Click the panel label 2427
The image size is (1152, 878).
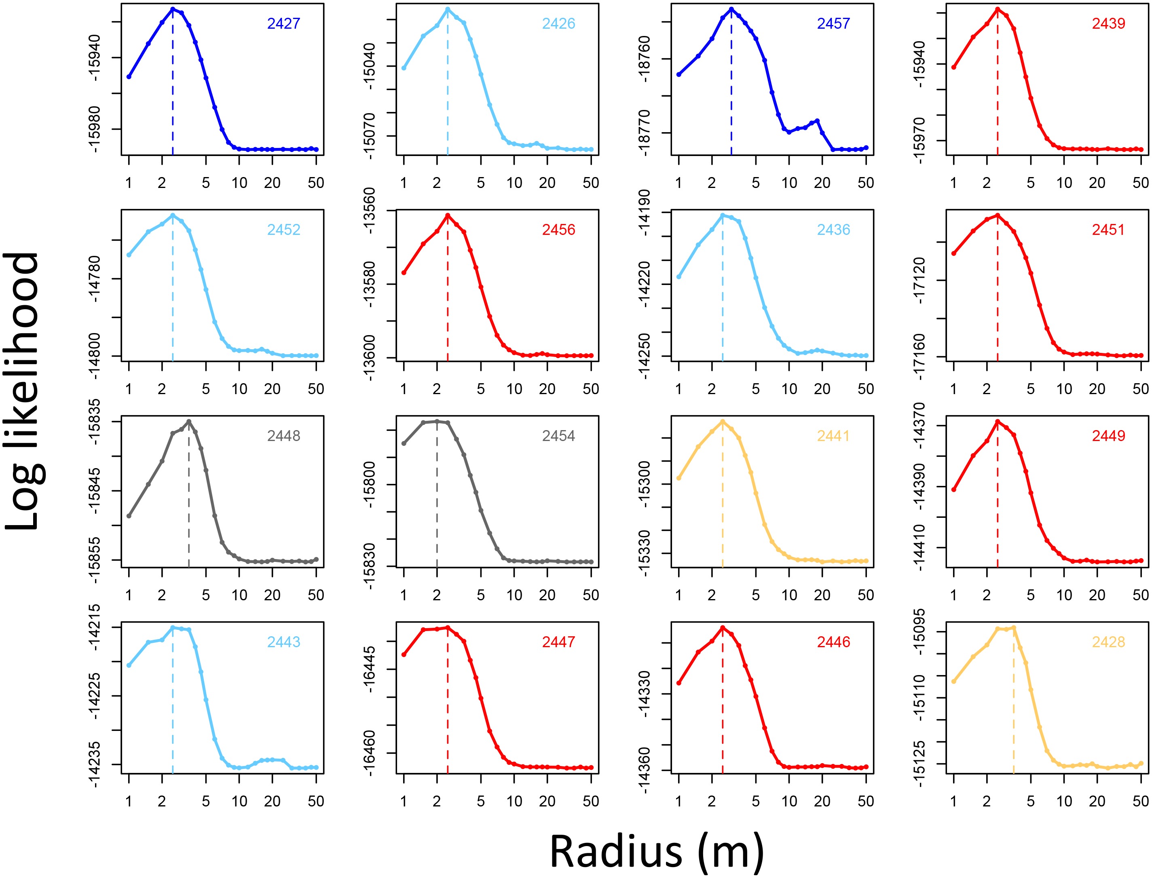click(x=283, y=23)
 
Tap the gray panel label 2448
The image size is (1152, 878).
click(x=283, y=436)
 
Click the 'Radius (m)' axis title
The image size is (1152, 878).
click(x=657, y=851)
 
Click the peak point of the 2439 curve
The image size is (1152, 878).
click(x=997, y=9)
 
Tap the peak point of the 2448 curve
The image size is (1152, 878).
click(x=189, y=421)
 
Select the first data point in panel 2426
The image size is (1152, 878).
click(x=404, y=68)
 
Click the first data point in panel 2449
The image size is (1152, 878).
click(x=953, y=490)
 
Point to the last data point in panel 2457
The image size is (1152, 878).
click(x=866, y=148)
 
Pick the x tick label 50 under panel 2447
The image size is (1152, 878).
click(x=591, y=801)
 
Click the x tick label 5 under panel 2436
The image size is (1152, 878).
click(x=755, y=389)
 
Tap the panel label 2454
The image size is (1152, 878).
click(x=558, y=436)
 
